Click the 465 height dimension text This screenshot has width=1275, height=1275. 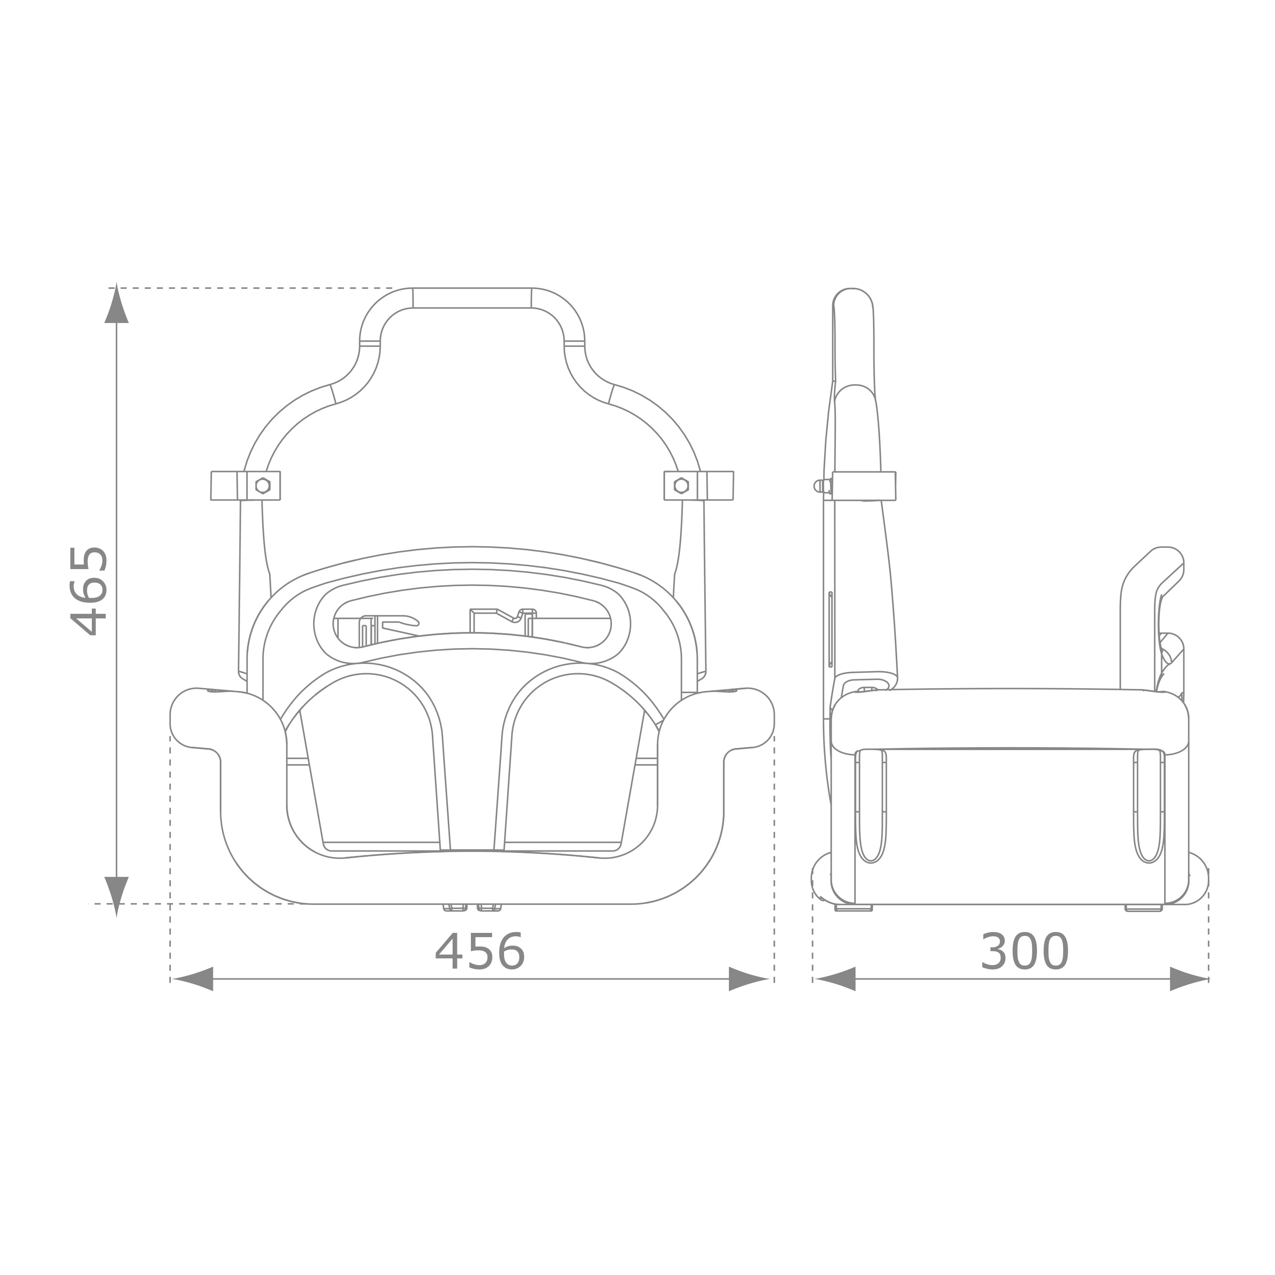click(x=89, y=591)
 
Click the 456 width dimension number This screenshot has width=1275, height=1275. click(x=480, y=953)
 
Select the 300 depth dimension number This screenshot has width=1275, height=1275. click(x=1024, y=953)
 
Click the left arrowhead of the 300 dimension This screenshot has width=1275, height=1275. click(x=836, y=979)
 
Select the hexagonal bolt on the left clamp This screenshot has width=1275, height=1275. click(x=263, y=486)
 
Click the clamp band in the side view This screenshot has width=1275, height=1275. click(x=864, y=486)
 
